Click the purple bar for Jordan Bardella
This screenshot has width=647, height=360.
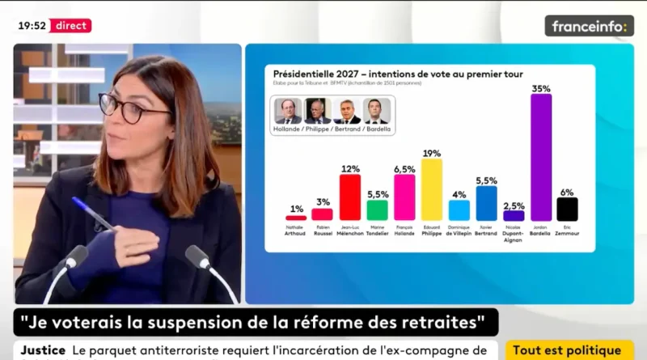(x=541, y=157)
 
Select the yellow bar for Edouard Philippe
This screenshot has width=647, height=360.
(x=432, y=189)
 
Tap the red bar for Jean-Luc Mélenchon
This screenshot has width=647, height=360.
(x=349, y=197)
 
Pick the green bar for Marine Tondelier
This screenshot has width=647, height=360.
(x=377, y=210)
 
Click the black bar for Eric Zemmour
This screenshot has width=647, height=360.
(x=567, y=209)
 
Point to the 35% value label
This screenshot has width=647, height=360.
(x=541, y=87)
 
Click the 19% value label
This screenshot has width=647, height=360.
(x=432, y=153)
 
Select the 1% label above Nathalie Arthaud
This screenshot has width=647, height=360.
(x=296, y=210)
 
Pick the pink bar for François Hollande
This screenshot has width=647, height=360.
(x=404, y=197)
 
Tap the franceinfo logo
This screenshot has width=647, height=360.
(x=589, y=26)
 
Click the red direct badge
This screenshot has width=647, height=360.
(x=72, y=25)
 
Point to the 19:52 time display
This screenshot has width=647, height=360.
(x=32, y=25)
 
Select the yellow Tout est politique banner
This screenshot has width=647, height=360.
(x=569, y=350)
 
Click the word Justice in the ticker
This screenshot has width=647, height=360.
(x=42, y=350)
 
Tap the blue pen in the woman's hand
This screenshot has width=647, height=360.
(x=93, y=214)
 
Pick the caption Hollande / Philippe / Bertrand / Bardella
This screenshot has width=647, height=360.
(x=332, y=129)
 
